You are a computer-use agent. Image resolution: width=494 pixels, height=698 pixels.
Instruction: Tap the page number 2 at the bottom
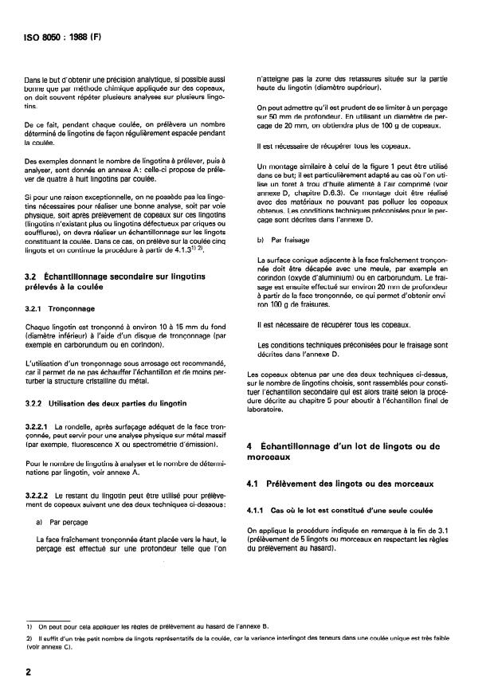pyautogui.click(x=29, y=673)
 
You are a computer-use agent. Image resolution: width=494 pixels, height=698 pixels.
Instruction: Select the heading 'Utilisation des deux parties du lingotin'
pyautogui.click(x=104, y=402)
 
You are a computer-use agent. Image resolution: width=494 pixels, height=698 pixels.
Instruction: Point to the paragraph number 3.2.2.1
pyautogui.click(x=39, y=427)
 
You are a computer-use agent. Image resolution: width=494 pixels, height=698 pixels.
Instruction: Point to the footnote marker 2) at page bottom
pyautogui.click(x=29, y=639)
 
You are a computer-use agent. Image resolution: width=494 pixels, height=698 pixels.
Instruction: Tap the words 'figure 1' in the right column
pyautogui.click(x=384, y=163)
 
